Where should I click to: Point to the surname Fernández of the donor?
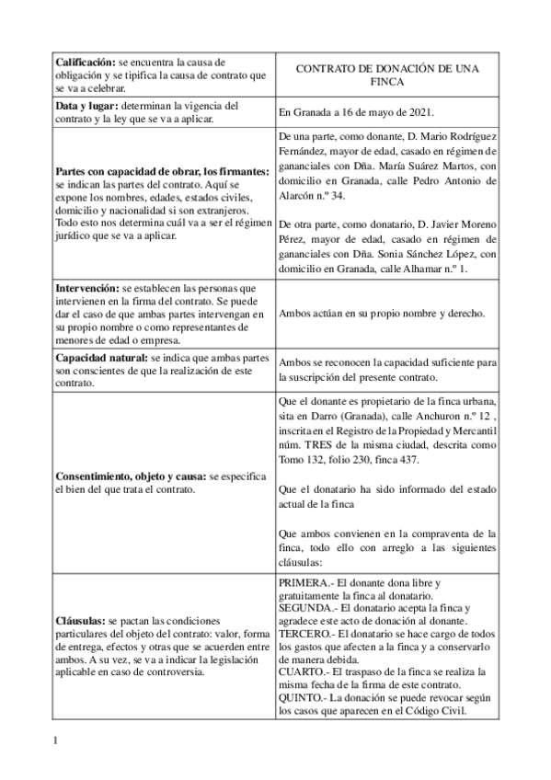(x=304, y=151)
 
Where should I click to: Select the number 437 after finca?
(x=408, y=460)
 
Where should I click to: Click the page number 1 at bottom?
(x=56, y=739)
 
